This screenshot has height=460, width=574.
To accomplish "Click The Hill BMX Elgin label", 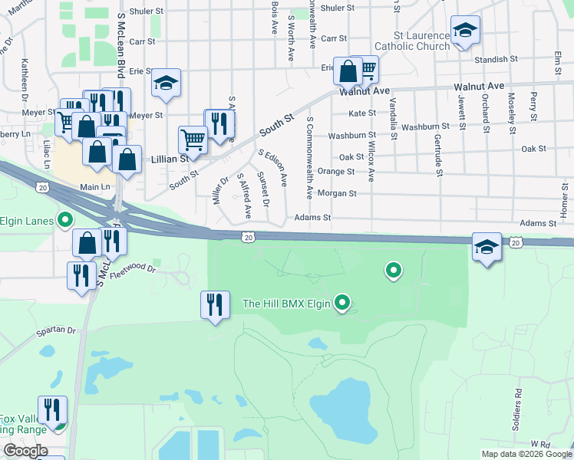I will pyautogui.click(x=285, y=304).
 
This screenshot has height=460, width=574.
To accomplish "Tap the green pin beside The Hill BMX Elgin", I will pyautogui.click(x=343, y=304).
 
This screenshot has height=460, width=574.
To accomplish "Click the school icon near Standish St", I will pyautogui.click(x=465, y=31).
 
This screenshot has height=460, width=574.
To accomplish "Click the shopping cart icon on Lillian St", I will pyautogui.click(x=193, y=140).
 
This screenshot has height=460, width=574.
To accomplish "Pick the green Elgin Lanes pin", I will pyautogui.click(x=65, y=221).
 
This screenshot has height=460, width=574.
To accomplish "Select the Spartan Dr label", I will pyautogui.click(x=55, y=332).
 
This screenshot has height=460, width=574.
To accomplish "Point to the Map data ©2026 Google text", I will pyautogui.click(x=526, y=454).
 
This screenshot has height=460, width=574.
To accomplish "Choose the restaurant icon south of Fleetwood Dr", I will pyautogui.click(x=216, y=304).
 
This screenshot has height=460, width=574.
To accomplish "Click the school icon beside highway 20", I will pyautogui.click(x=487, y=247).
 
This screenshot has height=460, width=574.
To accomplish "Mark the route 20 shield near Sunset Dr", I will pyautogui.click(x=247, y=238).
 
